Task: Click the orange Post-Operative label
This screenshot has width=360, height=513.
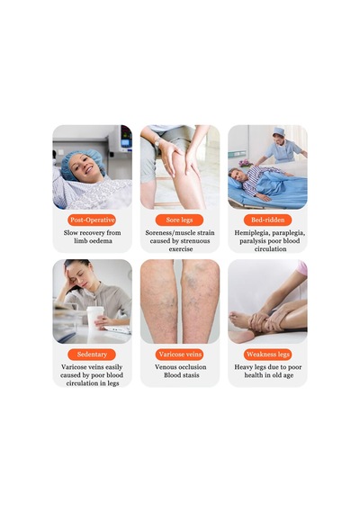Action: click(92, 220)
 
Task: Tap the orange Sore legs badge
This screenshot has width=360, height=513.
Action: click(179, 220)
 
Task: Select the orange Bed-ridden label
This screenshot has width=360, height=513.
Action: click(267, 220)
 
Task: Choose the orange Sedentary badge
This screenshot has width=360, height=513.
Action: click(92, 355)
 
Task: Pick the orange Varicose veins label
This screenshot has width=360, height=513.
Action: click(180, 355)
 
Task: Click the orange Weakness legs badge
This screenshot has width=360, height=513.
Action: click(267, 355)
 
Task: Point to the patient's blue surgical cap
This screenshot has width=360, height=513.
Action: click(82, 162)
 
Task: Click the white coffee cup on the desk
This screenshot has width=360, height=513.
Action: click(94, 318)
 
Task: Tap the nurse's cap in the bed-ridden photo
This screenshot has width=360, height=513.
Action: click(279, 130)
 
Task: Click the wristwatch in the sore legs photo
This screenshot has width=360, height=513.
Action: click(157, 141)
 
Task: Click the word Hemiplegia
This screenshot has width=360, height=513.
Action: click(251, 233)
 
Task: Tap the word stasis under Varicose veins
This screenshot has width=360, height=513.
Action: click(191, 375)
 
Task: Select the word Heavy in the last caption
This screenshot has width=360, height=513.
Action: click(243, 367)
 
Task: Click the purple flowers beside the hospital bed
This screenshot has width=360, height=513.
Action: click(245, 163)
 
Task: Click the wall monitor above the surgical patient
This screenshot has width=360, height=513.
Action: click(121, 139)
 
